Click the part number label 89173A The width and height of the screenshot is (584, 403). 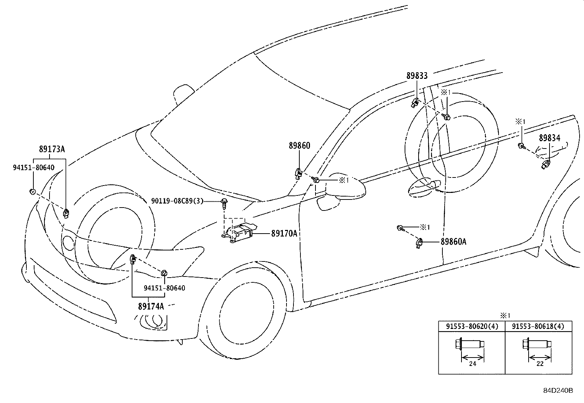point(52,149)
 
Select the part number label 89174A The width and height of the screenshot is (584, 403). point(151,306)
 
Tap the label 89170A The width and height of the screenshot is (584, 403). point(284,233)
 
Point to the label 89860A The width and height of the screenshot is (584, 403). point(453,242)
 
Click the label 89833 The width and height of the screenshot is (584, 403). point(417,76)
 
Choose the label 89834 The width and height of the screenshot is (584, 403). point(550,138)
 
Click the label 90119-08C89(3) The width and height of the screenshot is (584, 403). point(177,201)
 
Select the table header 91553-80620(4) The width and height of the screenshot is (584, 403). point(472,326)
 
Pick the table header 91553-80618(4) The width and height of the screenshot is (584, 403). point(538,326)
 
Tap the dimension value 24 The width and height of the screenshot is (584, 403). point(472,364)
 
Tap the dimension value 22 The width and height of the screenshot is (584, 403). point(540,364)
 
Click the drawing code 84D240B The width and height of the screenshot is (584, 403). point(558,391)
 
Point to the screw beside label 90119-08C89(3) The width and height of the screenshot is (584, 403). point(224,204)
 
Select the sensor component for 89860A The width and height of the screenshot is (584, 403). point(419,243)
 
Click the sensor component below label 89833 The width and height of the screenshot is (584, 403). point(415,103)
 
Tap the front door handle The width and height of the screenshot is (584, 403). point(424,187)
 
